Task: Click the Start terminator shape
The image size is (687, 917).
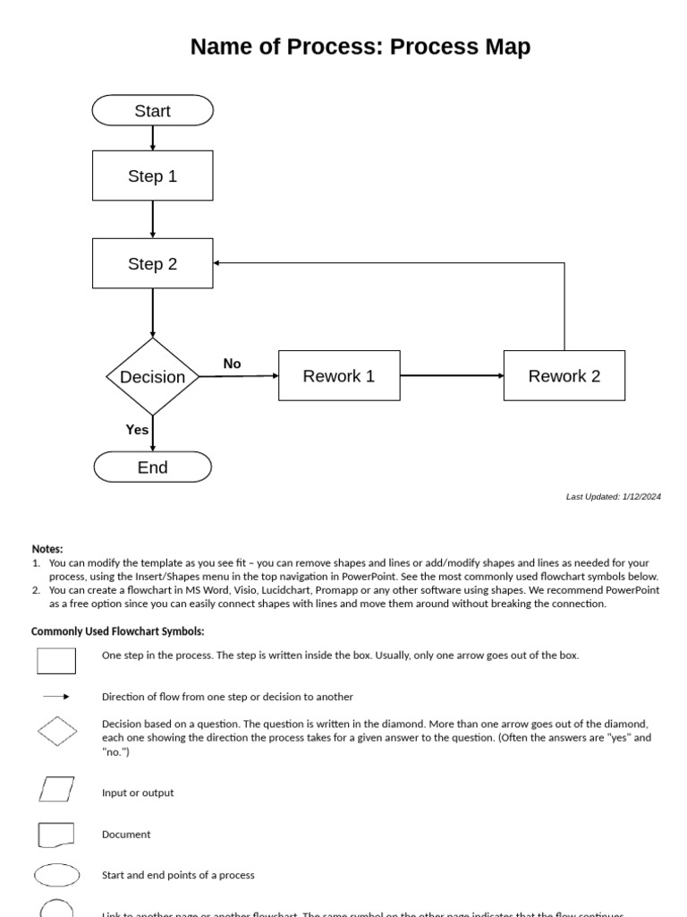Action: point(153,111)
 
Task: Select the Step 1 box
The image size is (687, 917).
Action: point(153,176)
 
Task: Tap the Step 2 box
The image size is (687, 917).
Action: point(153,263)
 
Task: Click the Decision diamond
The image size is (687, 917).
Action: point(153,377)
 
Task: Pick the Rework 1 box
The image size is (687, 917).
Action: point(339,376)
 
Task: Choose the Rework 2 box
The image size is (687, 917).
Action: point(564,376)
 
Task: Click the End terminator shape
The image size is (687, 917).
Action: point(153,467)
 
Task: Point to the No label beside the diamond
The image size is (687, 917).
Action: point(232,364)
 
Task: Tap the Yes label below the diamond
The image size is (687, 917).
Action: point(137,430)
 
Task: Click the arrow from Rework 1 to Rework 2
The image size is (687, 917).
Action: point(452,376)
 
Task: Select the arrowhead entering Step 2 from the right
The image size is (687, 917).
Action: point(218,263)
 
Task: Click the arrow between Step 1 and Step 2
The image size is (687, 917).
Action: point(153,219)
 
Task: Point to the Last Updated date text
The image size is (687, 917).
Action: point(614,497)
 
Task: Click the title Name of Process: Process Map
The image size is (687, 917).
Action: point(360,47)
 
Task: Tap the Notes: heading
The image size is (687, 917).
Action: point(47,549)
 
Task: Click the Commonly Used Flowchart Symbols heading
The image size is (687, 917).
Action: point(118,632)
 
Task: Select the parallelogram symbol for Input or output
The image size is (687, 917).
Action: point(56,789)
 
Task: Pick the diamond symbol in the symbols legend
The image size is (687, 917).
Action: point(57,731)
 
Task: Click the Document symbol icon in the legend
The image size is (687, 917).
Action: point(56,835)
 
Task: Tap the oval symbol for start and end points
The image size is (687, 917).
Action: point(57,875)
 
